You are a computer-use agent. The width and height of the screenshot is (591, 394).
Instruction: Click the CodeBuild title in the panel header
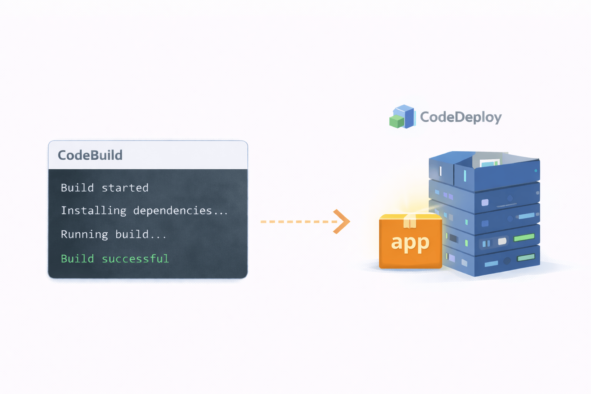(90, 155)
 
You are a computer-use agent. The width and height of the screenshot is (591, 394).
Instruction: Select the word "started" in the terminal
(125, 188)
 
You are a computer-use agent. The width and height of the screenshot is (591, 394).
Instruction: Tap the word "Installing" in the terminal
(93, 210)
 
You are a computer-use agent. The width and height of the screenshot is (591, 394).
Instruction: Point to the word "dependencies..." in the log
(180, 210)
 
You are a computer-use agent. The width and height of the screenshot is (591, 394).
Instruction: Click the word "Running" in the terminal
(84, 234)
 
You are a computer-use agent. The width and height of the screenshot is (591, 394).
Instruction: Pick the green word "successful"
(135, 259)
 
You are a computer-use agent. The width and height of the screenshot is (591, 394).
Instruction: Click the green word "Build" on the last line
(77, 259)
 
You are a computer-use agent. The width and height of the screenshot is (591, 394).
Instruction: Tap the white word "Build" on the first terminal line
(77, 188)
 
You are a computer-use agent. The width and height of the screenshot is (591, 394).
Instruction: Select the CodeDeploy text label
(461, 117)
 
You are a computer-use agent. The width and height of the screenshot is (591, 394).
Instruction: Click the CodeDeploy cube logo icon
(402, 117)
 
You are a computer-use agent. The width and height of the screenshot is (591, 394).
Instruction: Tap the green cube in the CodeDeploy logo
(396, 122)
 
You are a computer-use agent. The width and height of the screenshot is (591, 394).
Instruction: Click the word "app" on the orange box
(410, 243)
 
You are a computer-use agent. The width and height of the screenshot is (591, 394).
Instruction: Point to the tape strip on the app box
(410, 222)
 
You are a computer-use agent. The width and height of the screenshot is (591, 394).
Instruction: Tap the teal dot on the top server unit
(536, 170)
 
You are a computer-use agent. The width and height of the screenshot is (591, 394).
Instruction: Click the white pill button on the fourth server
(502, 242)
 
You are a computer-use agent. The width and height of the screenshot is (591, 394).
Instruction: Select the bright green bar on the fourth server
(524, 237)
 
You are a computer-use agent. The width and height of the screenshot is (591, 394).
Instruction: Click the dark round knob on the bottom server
(507, 261)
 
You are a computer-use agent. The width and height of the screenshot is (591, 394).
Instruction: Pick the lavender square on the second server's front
(485, 202)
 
